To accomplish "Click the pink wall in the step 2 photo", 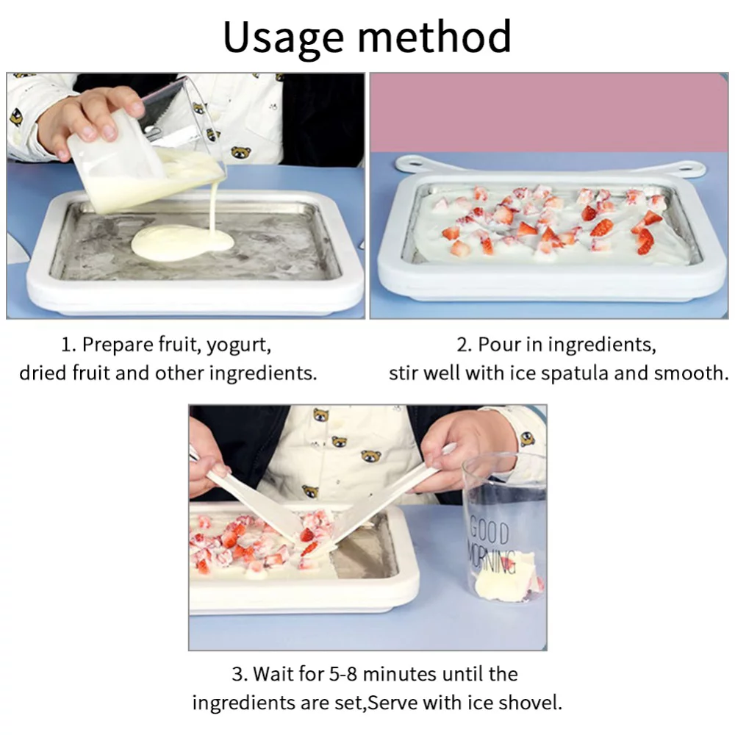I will (551, 110).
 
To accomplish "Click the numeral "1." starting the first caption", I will (69, 345).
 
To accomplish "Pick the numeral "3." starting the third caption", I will (240, 674).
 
